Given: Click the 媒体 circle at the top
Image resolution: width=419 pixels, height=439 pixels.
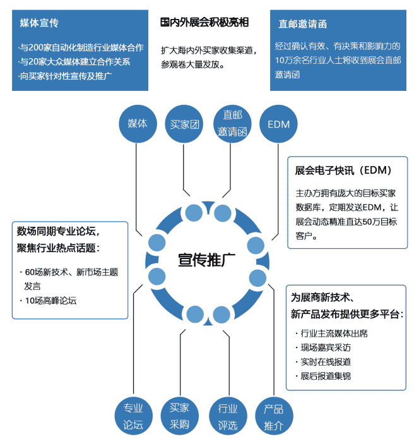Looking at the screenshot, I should click(137, 124).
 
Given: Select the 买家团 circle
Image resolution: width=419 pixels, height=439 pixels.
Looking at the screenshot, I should click(184, 124).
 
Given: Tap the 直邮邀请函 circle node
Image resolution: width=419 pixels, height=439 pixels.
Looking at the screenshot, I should click(232, 124).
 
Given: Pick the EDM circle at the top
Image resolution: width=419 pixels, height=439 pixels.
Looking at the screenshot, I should click(278, 124).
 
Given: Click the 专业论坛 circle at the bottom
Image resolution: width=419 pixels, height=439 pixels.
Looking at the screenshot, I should click(133, 416).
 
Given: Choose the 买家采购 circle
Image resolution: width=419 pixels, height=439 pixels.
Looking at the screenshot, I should click(180, 416).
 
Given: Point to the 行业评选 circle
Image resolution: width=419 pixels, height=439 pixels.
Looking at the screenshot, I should click(228, 417).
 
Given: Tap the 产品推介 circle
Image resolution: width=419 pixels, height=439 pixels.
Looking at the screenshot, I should click(274, 417).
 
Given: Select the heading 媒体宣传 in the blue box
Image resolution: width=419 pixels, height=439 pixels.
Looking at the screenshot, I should click(39, 23).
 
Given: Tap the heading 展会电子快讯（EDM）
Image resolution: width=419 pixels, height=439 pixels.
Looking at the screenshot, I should click(343, 171).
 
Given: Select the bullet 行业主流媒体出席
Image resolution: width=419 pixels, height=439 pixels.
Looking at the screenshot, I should click(334, 333).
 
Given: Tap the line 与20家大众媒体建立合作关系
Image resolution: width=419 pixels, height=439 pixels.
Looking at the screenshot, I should click(75, 62).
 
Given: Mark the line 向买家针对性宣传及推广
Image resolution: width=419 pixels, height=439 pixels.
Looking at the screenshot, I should click(66, 76).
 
